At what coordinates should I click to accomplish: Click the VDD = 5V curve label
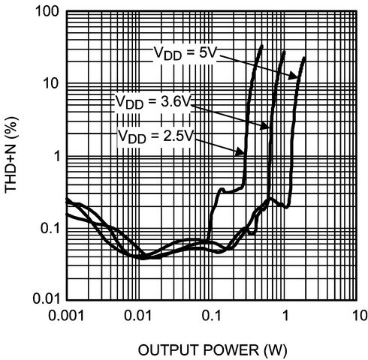click(x=184, y=55)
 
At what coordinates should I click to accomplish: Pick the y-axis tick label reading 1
click(x=55, y=156)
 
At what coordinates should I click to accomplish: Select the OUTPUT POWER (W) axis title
click(x=212, y=349)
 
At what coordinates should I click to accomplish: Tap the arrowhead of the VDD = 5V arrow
click(x=298, y=78)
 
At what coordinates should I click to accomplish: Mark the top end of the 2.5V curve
click(x=261, y=46)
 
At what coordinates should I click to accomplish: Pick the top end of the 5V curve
click(x=304, y=58)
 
